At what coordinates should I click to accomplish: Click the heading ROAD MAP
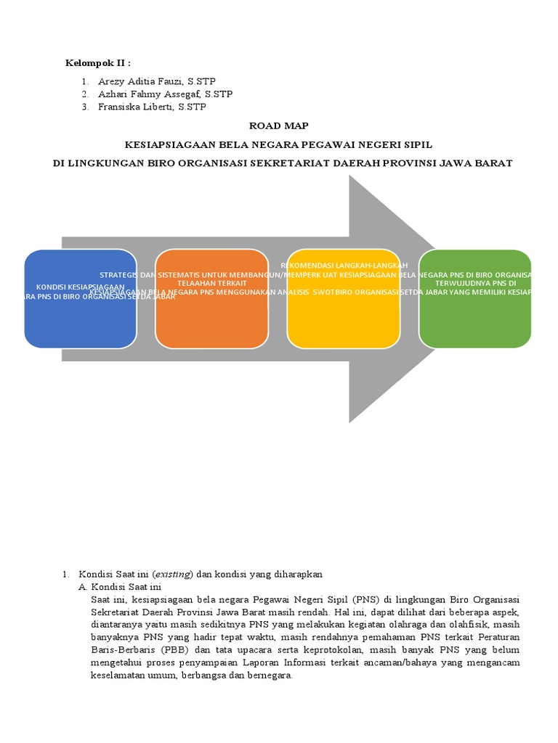(x=279, y=126)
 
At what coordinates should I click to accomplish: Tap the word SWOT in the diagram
(x=336, y=292)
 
